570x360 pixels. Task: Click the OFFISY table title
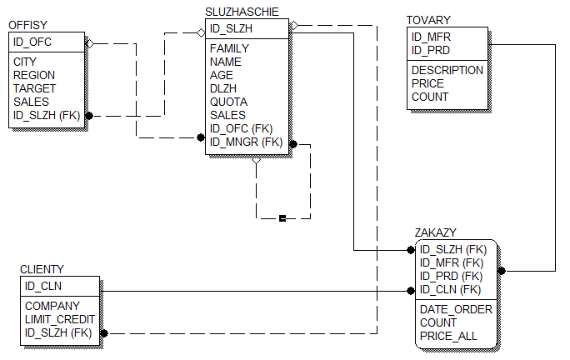point(28,26)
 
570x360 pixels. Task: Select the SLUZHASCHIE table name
point(242,12)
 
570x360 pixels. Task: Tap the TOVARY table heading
point(428,20)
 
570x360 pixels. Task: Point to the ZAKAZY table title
point(436,232)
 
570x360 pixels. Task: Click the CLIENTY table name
point(42,269)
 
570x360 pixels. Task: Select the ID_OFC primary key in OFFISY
point(33,42)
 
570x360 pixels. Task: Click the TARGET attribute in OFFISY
point(35,88)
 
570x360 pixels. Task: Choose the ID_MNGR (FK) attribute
point(247,142)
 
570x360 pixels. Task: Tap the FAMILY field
point(229,48)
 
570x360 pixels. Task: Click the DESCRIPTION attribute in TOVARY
point(447,70)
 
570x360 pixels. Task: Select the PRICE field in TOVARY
point(427,83)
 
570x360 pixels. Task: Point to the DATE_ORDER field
point(456,309)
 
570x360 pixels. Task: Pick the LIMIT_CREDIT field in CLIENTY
point(60,319)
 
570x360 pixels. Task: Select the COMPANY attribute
point(52,306)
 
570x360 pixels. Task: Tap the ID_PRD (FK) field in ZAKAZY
point(451,276)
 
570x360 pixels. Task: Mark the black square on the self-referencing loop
point(282,218)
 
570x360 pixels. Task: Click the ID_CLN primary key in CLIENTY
point(43,286)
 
